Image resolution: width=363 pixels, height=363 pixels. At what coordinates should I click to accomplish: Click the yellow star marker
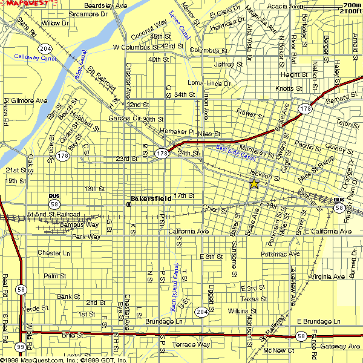coord(254,184)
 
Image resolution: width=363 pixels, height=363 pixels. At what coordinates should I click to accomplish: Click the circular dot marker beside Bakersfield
coord(128,204)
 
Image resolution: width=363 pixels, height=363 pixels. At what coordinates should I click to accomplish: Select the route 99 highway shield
coord(21,346)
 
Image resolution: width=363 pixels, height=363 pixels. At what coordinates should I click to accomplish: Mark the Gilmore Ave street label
coord(25,100)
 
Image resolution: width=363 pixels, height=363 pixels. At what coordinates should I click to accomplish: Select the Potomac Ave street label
coord(281,254)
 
